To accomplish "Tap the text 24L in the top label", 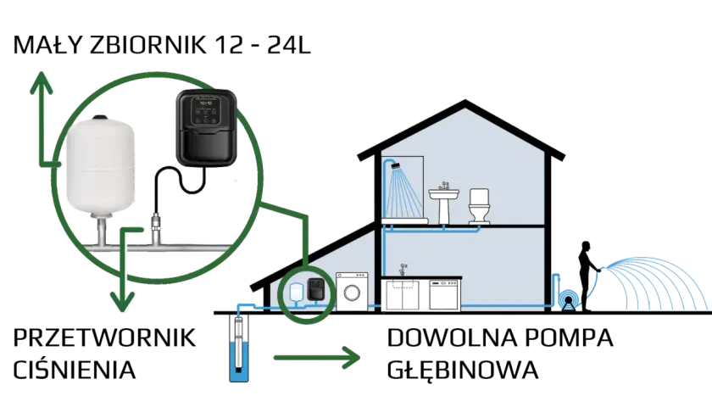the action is [289, 46].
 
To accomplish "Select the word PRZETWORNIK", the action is [104, 338].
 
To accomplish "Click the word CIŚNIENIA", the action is [74, 370].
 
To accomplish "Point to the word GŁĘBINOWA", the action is [462, 370].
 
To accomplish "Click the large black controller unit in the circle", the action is [207, 128].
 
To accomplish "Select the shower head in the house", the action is [396, 164].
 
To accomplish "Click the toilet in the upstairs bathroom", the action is [480, 206].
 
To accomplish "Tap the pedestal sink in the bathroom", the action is [443, 203].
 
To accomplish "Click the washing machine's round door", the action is [352, 293].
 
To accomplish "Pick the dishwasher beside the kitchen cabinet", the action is [445, 295].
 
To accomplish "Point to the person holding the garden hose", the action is [587, 276].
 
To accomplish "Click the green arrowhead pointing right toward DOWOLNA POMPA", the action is [351, 358].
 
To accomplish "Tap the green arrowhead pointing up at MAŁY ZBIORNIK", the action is [42, 83].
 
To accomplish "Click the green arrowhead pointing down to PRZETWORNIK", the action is [123, 301].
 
